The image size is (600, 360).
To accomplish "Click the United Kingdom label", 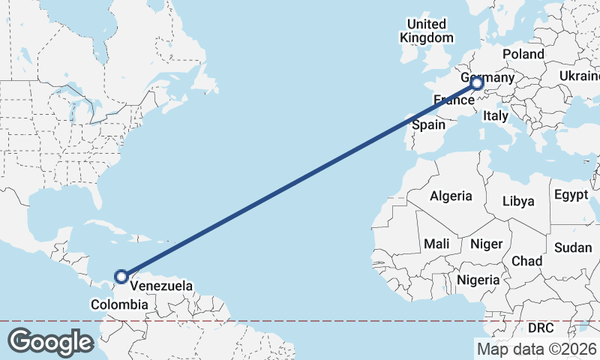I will (427, 31).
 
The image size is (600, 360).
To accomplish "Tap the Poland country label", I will (523, 55).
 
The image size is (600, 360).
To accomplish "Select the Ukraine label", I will (579, 76).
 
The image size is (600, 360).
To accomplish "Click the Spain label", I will (428, 125).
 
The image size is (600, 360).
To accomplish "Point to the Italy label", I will (496, 115).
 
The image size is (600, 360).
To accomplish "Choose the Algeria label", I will (451, 196).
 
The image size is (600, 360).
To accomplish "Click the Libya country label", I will (518, 201).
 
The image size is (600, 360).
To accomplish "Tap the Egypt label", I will (571, 195).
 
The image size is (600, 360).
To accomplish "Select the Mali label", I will (436, 244).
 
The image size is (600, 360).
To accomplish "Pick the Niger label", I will (485, 244).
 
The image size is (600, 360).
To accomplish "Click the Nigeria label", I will (478, 280).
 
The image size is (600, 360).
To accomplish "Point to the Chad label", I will (526, 260).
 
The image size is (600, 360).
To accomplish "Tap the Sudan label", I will (573, 247).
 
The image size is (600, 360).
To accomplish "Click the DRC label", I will (541, 328).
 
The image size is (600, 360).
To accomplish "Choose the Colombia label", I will (119, 304).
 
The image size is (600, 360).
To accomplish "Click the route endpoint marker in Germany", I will (477, 83).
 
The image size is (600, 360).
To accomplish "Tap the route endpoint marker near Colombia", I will (121, 277).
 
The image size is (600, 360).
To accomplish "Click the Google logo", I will (50, 341).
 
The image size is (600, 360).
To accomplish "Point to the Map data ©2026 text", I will (536, 349).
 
